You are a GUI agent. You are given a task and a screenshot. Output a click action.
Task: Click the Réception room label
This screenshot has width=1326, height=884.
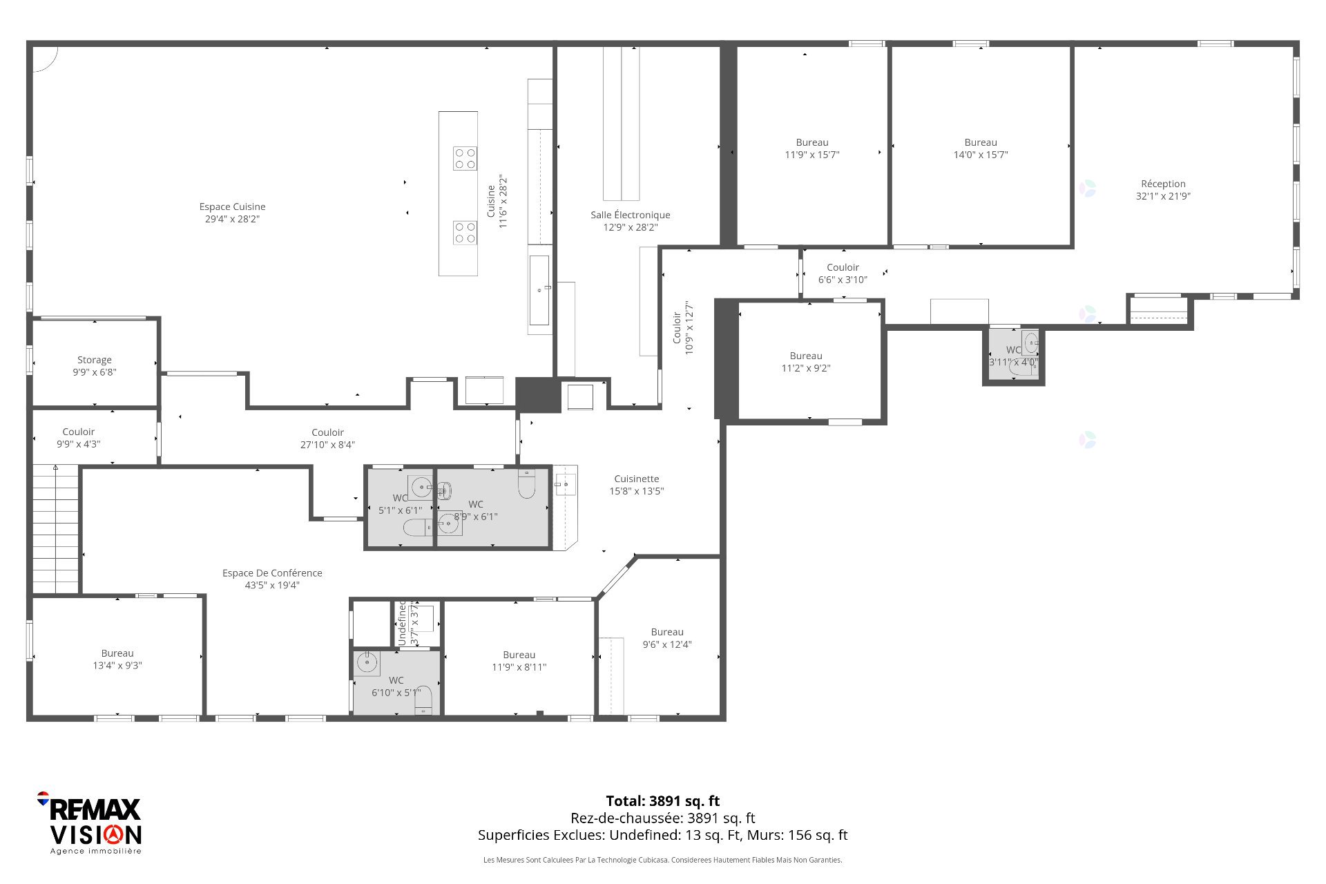click(x=1163, y=184)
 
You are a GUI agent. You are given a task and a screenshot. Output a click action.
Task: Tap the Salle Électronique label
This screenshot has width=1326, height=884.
click(x=630, y=215)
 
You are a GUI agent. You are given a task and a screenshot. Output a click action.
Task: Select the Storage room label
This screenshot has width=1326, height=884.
click(x=95, y=360)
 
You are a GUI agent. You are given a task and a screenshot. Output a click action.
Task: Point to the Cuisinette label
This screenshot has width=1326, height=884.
click(x=637, y=479)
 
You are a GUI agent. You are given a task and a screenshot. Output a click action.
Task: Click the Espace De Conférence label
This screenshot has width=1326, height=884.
click(x=272, y=573)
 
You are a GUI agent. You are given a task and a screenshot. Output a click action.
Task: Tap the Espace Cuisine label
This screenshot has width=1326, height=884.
click(x=232, y=206)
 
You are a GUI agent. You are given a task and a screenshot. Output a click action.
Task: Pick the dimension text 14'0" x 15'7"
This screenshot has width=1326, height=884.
click(x=981, y=155)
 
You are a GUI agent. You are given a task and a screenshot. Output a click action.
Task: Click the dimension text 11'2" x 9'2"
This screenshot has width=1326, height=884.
click(x=806, y=368)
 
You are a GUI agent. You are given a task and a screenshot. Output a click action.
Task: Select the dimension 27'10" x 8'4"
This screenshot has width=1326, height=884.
click(x=327, y=445)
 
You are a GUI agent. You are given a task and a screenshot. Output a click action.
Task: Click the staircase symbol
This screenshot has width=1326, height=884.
click(x=55, y=529)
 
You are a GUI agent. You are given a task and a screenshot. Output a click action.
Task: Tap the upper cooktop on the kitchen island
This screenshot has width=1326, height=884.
click(x=465, y=158)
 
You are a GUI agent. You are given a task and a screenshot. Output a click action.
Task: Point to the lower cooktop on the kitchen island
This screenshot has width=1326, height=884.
click(x=465, y=233)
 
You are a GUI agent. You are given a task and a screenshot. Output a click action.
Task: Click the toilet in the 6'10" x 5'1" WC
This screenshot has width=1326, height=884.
click(x=423, y=700)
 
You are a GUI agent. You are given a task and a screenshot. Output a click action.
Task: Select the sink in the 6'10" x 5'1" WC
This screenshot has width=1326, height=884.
click(x=367, y=663)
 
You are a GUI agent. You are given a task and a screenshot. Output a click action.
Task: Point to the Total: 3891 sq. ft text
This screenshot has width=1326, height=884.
click(x=663, y=801)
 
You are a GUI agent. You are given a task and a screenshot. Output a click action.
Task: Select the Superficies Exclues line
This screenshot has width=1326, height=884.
click(x=663, y=835)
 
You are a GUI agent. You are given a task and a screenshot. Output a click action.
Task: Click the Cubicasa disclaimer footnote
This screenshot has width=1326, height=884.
click(x=663, y=860)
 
